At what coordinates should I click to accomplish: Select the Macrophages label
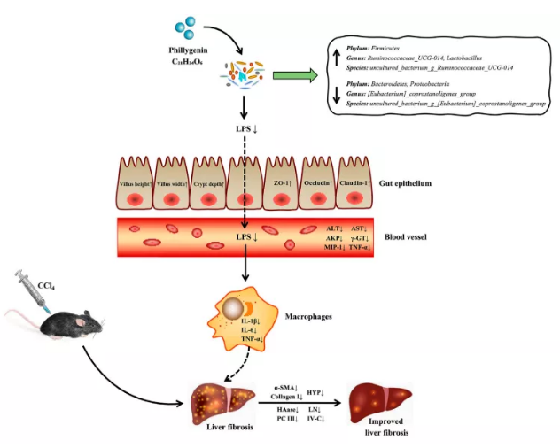[308, 314]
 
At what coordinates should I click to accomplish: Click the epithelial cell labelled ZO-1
[282, 185]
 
